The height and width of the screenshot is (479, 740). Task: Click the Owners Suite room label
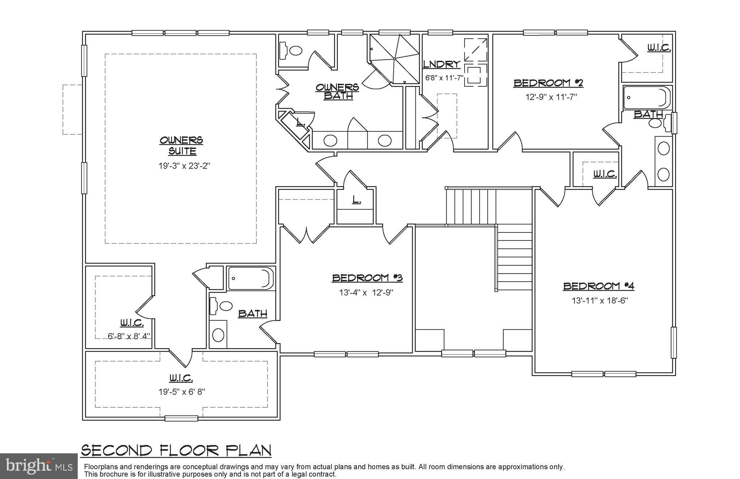point(181,145)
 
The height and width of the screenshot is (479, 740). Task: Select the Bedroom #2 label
point(548,83)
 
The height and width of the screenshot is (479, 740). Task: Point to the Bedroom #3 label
point(367,278)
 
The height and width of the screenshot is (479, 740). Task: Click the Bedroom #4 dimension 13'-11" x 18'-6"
point(600,301)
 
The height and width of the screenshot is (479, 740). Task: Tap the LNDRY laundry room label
point(441,65)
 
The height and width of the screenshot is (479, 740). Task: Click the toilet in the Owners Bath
point(292,50)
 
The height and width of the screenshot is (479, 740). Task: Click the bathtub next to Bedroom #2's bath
point(646,98)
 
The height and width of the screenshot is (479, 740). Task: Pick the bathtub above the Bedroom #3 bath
point(250,278)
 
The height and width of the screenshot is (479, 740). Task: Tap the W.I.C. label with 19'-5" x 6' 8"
point(181,379)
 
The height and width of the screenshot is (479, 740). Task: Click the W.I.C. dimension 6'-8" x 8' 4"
point(129,336)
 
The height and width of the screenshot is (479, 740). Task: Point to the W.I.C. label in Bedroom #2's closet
point(659,48)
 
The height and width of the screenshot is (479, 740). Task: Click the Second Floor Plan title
point(176,450)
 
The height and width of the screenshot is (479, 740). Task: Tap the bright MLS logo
point(39,466)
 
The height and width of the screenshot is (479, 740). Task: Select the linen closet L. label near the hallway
point(356,200)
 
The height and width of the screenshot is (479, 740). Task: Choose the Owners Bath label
point(337,91)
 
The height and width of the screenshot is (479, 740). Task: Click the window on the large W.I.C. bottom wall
point(181,418)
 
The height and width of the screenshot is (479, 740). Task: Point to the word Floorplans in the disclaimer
point(99,467)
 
